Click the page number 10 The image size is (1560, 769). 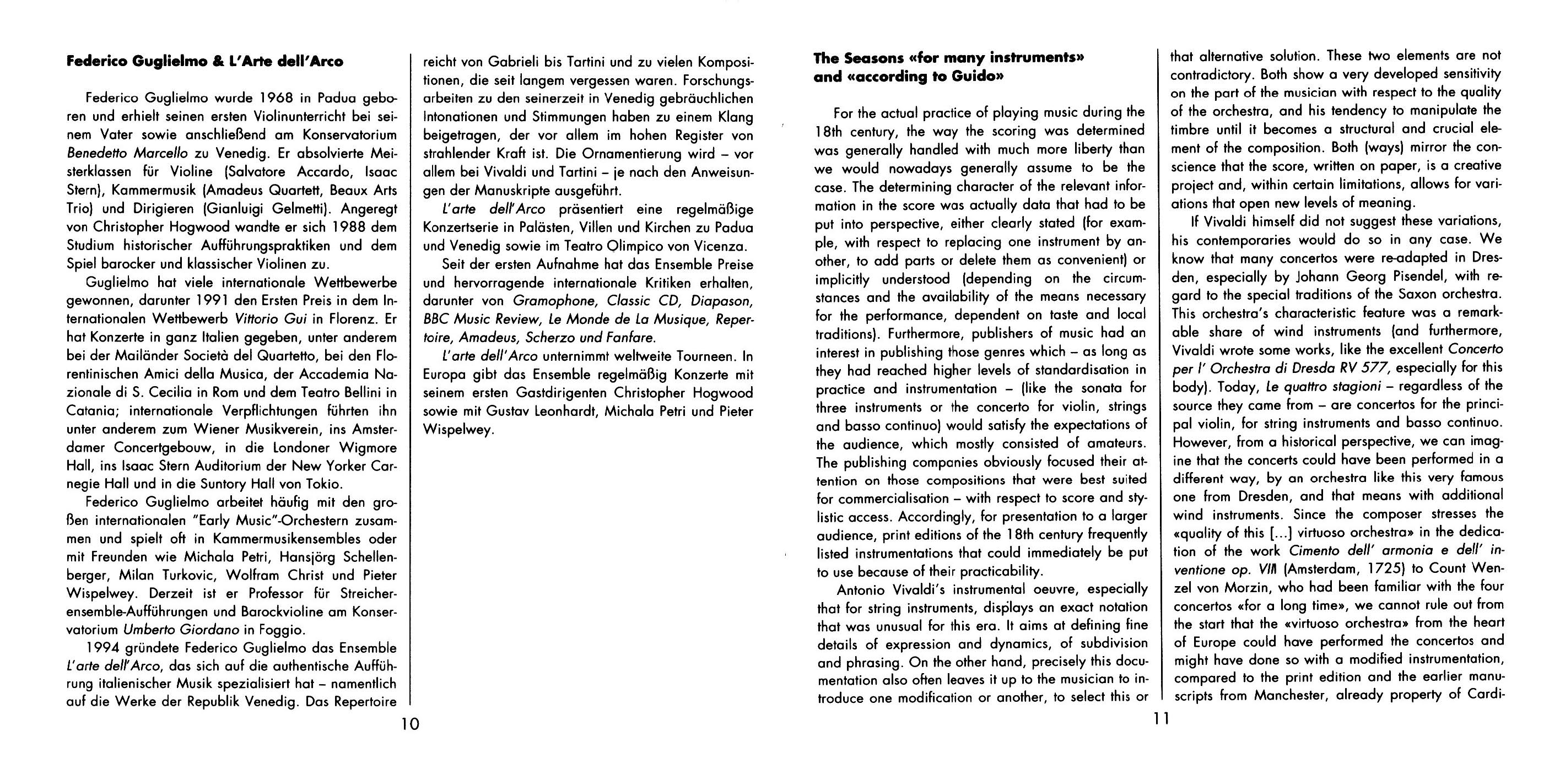click(410, 724)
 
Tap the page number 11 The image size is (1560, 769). click(1162, 719)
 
